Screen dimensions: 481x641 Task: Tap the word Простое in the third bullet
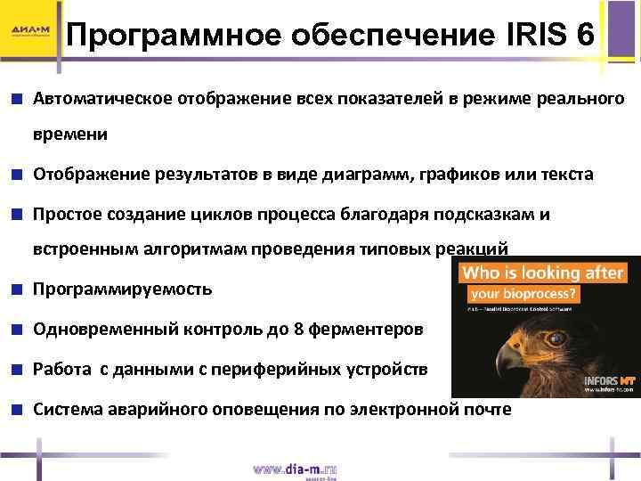click(x=69, y=215)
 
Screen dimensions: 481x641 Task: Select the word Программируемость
click(x=123, y=289)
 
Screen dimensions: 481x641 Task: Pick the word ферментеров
click(x=366, y=329)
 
